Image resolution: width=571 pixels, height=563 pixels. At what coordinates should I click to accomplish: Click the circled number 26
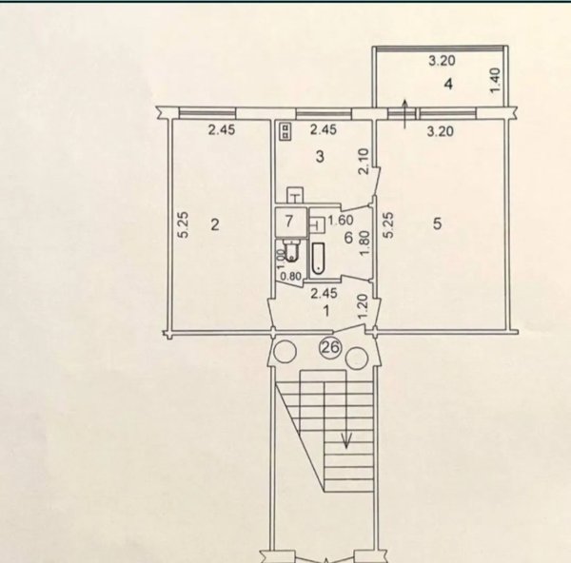(330, 347)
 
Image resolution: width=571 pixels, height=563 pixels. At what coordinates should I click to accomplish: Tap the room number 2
(215, 224)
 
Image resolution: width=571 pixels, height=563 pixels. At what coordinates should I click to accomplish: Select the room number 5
(438, 223)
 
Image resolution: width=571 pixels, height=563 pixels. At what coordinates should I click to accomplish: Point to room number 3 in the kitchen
(320, 157)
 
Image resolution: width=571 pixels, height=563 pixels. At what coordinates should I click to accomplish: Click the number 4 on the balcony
(448, 85)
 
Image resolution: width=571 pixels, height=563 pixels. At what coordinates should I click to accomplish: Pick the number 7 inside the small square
(288, 221)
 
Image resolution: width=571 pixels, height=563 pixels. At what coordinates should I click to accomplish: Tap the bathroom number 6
(348, 238)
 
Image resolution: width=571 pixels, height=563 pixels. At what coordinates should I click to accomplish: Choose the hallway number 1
(326, 311)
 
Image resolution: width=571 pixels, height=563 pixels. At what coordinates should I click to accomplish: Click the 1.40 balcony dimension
(496, 81)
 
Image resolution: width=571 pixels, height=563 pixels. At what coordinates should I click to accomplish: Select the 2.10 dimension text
(364, 162)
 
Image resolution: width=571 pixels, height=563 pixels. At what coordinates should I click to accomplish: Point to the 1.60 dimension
(341, 221)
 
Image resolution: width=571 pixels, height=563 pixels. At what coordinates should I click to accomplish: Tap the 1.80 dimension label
(364, 243)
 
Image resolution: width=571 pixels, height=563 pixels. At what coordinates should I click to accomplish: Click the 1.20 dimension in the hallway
(364, 307)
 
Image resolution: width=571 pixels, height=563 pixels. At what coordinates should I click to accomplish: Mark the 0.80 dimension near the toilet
(290, 277)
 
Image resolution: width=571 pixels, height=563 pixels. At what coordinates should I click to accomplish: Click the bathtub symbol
(318, 258)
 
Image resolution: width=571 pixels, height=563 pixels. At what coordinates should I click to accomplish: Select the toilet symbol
(291, 251)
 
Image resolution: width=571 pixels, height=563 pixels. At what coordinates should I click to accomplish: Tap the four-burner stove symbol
(285, 131)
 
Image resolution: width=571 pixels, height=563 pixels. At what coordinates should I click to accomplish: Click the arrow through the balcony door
(404, 113)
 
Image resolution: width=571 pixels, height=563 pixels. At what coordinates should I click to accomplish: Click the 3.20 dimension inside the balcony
(442, 61)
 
